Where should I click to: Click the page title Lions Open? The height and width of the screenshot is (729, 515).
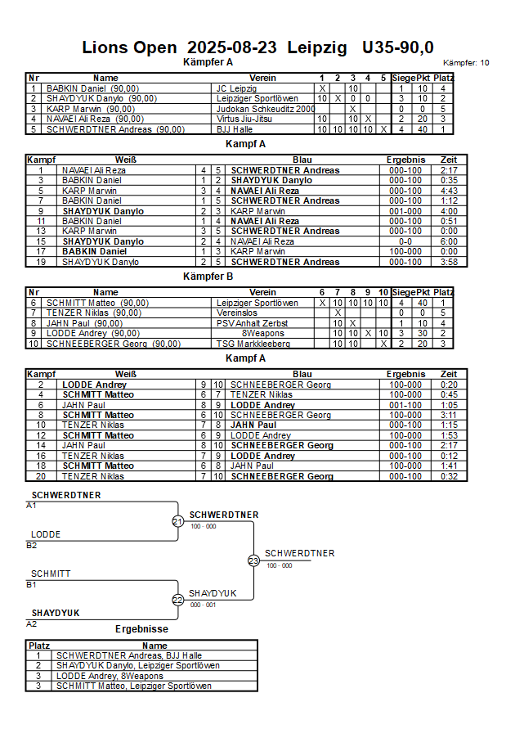(x=130, y=47)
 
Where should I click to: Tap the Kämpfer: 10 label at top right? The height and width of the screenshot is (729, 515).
(x=466, y=62)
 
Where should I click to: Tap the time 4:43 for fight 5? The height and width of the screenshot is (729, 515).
(x=449, y=191)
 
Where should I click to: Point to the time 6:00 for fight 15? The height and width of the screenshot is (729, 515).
(x=449, y=241)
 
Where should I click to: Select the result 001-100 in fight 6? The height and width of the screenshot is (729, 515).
(x=405, y=405)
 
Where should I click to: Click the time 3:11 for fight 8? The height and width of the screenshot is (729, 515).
(x=449, y=415)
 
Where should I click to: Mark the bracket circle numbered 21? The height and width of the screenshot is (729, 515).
(x=177, y=521)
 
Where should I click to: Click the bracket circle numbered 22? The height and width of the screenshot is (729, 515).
(x=177, y=600)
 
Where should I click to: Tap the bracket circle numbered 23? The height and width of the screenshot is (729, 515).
(x=253, y=560)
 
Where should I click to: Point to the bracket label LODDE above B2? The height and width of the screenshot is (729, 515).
(x=46, y=534)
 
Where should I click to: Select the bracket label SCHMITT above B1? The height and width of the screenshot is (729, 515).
(x=51, y=574)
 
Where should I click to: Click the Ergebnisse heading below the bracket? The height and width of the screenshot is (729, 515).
(x=141, y=629)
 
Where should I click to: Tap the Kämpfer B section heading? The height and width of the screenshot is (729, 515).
(x=208, y=277)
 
